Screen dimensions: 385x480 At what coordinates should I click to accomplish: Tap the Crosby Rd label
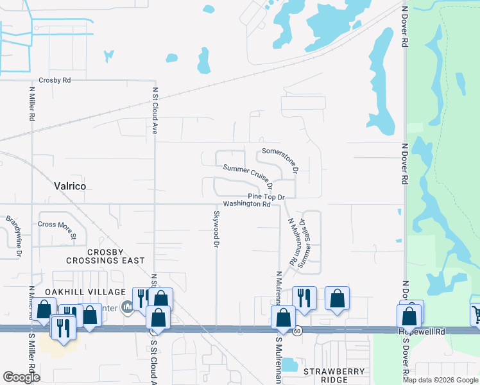coord(55,80)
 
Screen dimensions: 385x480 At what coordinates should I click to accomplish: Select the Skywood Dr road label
coord(216,230)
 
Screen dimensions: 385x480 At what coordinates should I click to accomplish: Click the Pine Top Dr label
coord(266,196)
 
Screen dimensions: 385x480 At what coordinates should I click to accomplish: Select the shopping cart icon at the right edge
coord(476,314)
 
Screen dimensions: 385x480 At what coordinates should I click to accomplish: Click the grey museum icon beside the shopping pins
coord(127,308)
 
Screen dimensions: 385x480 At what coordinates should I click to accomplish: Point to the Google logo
coord(21,377)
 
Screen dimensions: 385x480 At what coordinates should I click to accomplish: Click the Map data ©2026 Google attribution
coord(440,379)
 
